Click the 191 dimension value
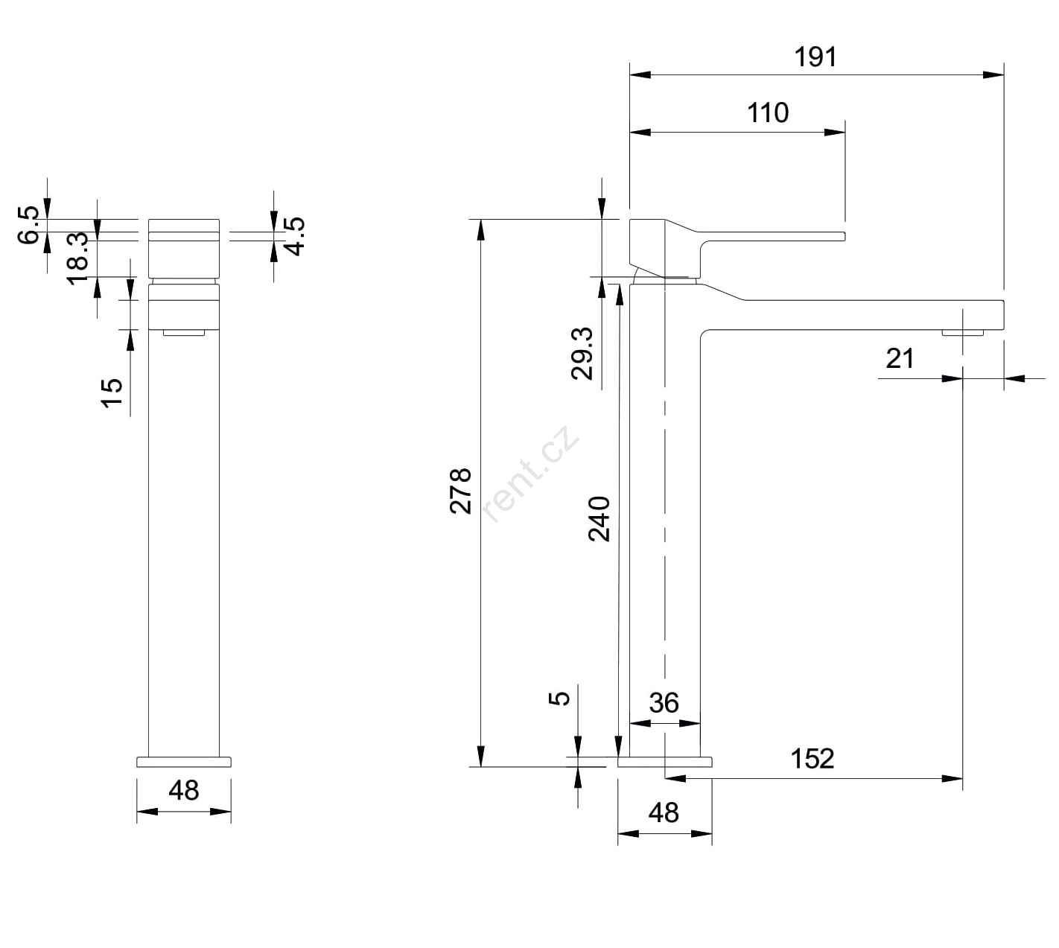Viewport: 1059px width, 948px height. point(815,57)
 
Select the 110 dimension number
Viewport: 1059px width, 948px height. point(767,113)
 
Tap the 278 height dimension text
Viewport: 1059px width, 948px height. point(461,492)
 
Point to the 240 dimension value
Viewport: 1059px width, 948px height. point(599,519)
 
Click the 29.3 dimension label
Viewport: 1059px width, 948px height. point(582,353)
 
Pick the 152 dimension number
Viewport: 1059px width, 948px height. point(812,759)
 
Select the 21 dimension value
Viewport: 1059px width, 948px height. point(900,359)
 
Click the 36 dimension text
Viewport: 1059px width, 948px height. point(664,703)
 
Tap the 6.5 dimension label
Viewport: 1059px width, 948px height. point(28,225)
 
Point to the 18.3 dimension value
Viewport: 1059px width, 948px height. point(78,258)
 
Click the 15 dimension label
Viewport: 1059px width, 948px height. point(111,393)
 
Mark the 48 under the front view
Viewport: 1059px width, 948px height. point(183,791)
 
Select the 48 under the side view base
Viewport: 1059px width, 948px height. point(664,813)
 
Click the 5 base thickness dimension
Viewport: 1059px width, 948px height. point(559,698)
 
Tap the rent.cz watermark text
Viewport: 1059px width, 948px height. point(529,474)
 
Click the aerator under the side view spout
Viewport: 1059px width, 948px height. point(962,333)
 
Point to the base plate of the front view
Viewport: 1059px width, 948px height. point(183,762)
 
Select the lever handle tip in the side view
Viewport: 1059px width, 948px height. point(843,235)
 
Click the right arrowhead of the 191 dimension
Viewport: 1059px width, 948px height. point(993,74)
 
